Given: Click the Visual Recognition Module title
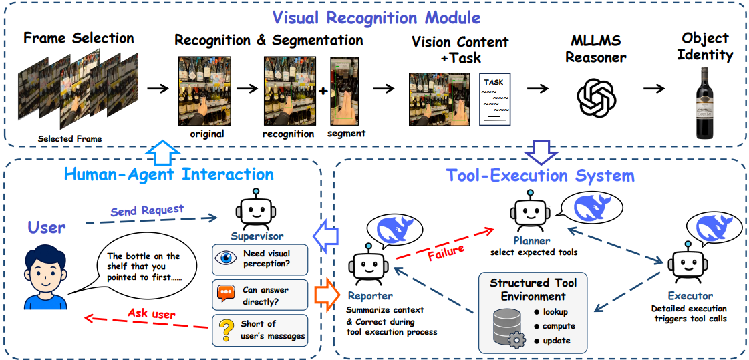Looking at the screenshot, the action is point(376,19).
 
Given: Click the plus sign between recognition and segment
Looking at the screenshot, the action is point(323,91).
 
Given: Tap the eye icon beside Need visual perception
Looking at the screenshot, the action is point(226,258).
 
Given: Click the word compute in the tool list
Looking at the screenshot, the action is point(559,327).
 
